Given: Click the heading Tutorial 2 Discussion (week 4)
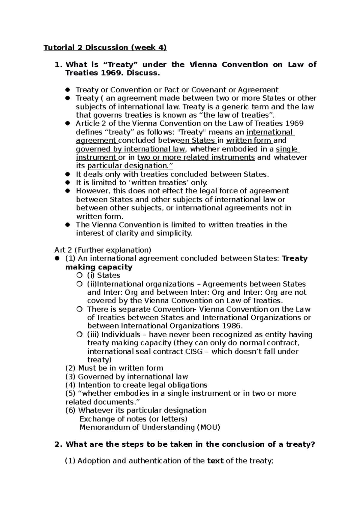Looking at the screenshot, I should pyautogui.click(x=105, y=48).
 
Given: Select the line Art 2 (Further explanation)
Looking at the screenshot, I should pyautogui.click(x=103, y=250).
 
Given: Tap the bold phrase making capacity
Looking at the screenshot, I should pyautogui.click(x=99, y=267).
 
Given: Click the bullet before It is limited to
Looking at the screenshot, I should pyautogui.click(x=68, y=183).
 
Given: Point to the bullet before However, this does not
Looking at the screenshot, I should pyautogui.click(x=68, y=191).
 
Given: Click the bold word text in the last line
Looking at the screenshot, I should pyautogui.click(x=215, y=461).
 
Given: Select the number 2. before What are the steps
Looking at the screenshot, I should pyautogui.click(x=58, y=444).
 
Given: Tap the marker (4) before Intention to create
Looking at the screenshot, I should pyautogui.click(x=71, y=385).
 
